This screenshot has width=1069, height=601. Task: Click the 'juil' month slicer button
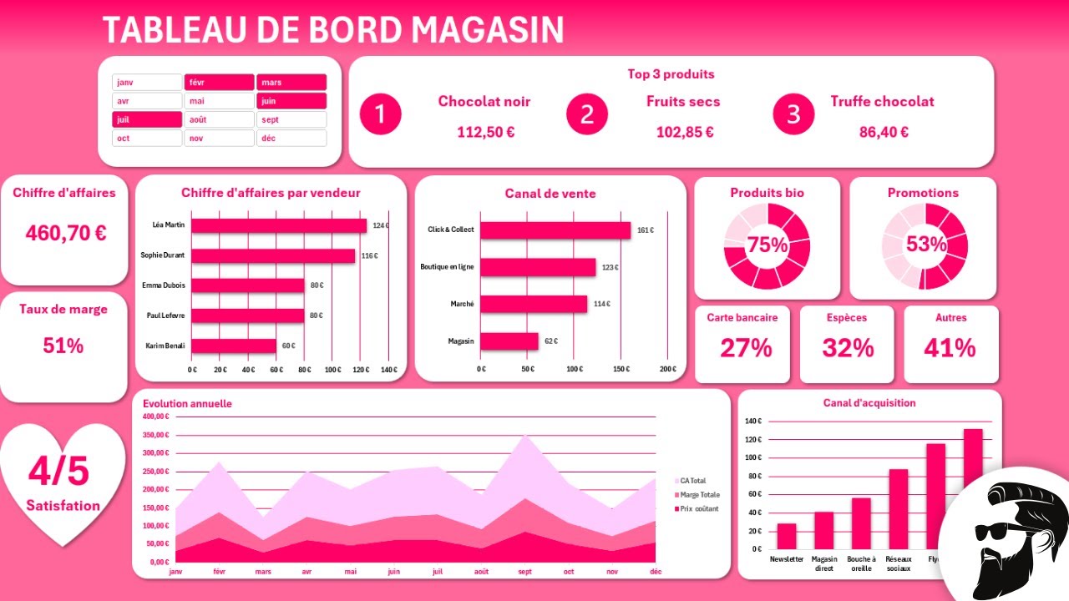pos(147,119)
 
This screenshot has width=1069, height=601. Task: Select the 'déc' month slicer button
pos(291,139)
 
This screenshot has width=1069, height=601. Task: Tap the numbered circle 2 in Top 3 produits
pos(587,114)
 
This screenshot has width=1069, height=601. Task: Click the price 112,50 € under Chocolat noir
pos(485,132)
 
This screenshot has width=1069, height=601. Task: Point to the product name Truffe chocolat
pos(882,102)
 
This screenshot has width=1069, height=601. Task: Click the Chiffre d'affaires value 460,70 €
pos(66,233)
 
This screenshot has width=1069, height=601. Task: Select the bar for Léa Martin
pos(279,225)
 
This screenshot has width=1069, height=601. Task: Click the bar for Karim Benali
pos(234,346)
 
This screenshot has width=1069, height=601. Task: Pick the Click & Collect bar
pos(555,230)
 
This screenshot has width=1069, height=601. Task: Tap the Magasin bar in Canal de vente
pos(509,341)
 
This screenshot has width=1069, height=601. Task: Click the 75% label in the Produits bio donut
pos(768,245)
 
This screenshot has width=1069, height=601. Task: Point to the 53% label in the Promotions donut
pos(925,245)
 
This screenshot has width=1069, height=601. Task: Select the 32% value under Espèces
pos(848,348)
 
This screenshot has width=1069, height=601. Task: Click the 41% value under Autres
pos(950,348)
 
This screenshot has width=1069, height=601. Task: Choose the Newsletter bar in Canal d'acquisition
pos(787,536)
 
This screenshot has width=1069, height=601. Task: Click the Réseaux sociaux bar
pos(898,508)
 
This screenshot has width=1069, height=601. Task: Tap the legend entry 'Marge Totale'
pos(699,495)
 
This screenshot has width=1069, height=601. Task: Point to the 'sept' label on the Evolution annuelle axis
pos(525,572)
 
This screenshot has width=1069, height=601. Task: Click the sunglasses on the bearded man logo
pos(997,531)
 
